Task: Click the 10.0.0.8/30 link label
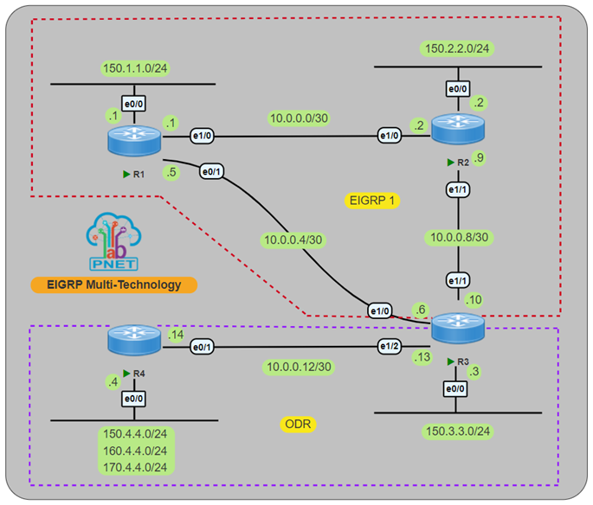458,236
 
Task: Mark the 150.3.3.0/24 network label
457,431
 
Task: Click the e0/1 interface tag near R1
211,170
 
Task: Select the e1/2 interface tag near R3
389,346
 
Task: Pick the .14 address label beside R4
178,336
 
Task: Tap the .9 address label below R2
479,158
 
